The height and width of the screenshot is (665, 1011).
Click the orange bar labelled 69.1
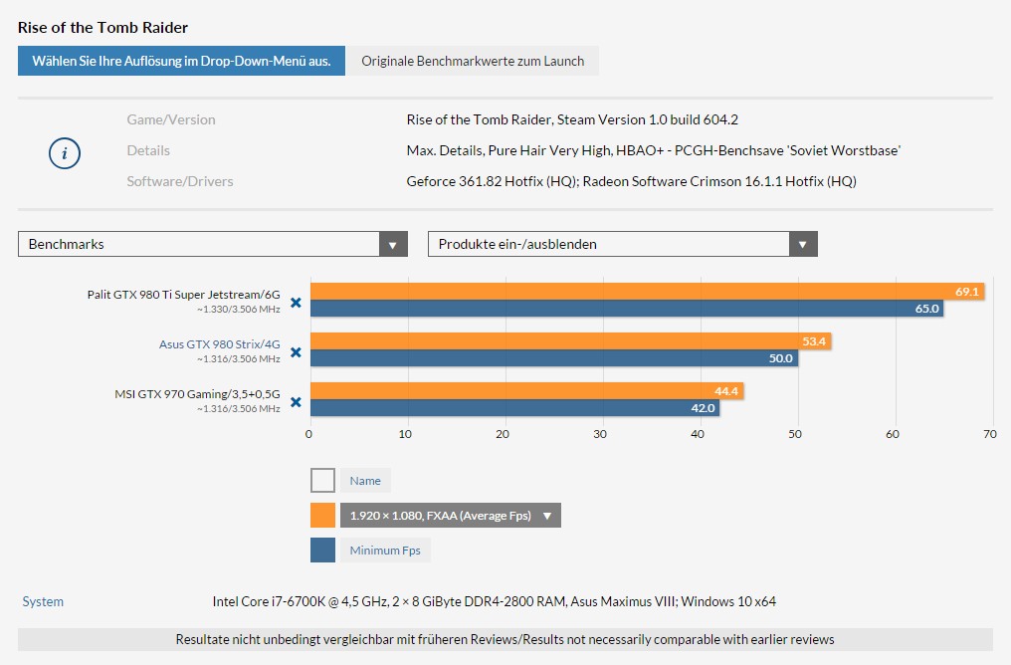tap(648, 292)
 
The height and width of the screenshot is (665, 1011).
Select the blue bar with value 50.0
tap(554, 358)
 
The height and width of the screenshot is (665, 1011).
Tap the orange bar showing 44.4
tap(526, 391)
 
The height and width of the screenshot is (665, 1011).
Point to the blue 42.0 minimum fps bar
tap(515, 407)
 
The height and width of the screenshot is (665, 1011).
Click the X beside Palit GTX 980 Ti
tap(296, 303)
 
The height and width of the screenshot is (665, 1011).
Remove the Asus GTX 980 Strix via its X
tap(296, 352)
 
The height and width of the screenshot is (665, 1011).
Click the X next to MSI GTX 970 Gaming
tap(296, 402)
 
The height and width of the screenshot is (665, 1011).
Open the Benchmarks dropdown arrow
tap(393, 245)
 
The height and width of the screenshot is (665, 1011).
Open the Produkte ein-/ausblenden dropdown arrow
tap(803, 245)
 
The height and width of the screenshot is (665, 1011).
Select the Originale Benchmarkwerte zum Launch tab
tap(473, 61)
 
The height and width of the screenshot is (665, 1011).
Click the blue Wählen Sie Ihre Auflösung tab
tap(181, 61)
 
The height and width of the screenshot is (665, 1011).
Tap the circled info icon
tap(65, 153)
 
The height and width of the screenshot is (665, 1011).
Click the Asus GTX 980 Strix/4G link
tap(219, 344)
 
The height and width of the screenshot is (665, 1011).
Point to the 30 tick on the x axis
tap(600, 434)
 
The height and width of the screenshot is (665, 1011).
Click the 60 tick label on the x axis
tap(893, 434)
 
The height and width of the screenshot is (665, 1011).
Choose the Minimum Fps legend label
tap(385, 551)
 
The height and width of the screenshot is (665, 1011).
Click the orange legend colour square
tap(323, 516)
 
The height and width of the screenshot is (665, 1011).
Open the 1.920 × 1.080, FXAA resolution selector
tap(451, 516)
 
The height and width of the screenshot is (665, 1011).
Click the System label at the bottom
tap(43, 602)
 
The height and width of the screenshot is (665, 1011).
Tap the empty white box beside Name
tap(323, 481)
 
